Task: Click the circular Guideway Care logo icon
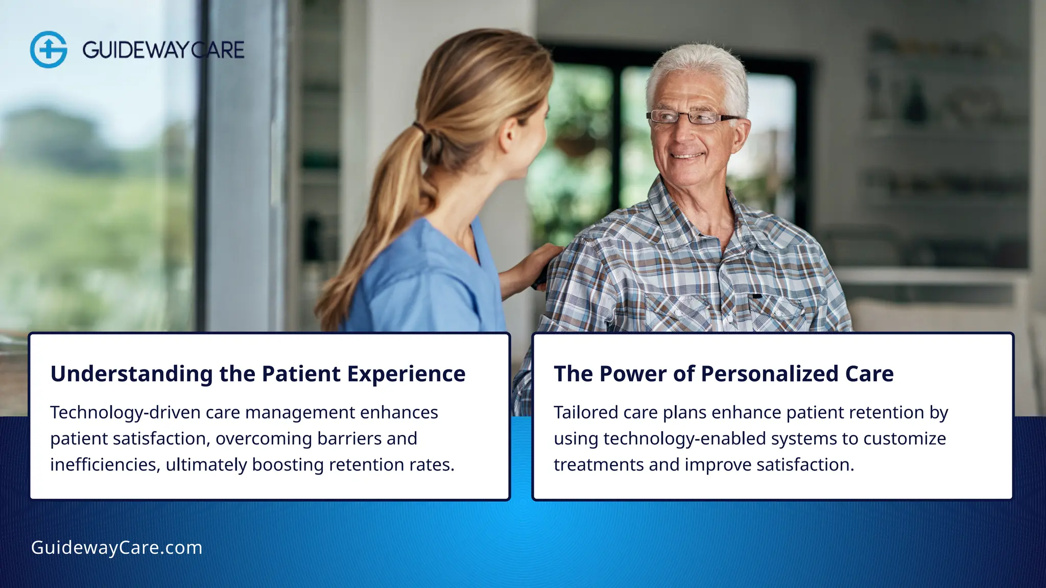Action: pos(49,50)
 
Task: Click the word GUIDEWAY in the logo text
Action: pos(135,50)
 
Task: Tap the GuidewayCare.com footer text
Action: pos(116,548)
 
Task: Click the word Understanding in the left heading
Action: pos(131,374)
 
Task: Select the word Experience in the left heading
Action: pos(407,374)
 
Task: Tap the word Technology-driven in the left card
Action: pos(125,412)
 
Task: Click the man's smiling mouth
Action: pos(687,155)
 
